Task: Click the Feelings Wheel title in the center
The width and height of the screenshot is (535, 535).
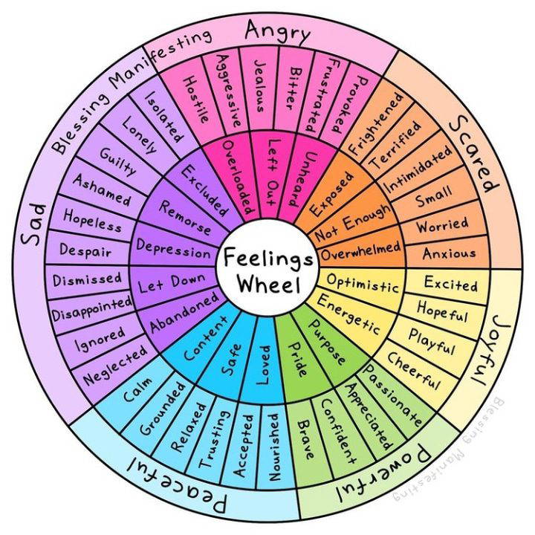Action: tap(268, 270)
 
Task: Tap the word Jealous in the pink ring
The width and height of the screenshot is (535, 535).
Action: tap(260, 86)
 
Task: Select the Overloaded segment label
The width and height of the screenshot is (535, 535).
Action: tap(239, 177)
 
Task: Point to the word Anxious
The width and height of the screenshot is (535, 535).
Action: tap(449, 253)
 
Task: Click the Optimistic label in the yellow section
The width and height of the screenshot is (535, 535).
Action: tap(363, 282)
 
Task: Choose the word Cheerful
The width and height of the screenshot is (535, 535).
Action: tap(414, 371)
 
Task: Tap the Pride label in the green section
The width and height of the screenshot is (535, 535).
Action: tap(298, 359)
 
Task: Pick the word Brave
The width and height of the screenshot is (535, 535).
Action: tap(305, 439)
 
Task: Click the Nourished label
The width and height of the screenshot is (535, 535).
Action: tap(274, 447)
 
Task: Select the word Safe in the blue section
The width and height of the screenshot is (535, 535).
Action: tap(232, 360)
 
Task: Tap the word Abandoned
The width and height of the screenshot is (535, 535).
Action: tap(184, 312)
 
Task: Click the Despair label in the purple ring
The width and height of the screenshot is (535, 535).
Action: tap(85, 250)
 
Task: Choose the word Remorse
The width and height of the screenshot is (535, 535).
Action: tap(184, 218)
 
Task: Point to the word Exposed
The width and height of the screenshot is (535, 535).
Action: tap(331, 194)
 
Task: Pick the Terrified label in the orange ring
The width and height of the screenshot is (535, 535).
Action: tap(395, 145)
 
